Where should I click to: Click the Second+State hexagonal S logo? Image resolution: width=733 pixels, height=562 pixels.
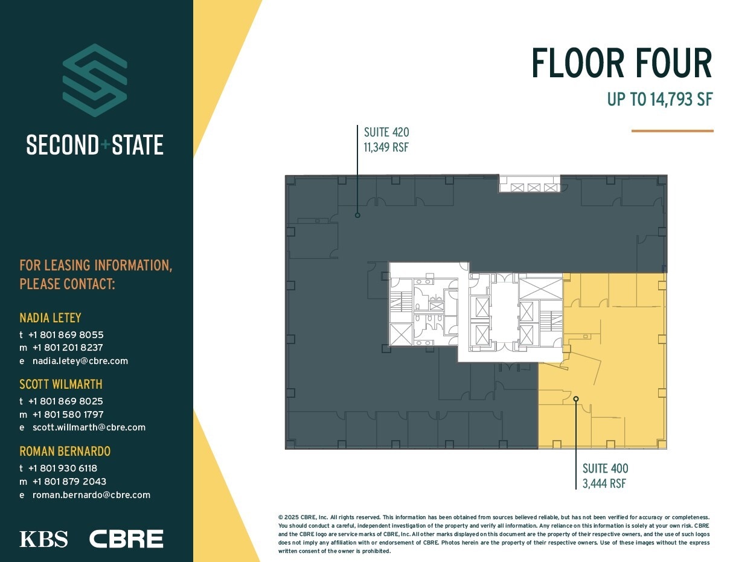[95, 80]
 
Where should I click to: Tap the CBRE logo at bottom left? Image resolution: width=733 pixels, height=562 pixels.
[126, 538]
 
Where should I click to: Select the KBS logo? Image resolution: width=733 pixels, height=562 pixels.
[43, 538]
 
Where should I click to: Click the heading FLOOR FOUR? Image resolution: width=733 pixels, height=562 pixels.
[621, 63]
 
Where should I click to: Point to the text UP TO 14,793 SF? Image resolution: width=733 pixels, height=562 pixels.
[660, 99]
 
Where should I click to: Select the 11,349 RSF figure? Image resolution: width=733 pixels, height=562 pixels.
[386, 147]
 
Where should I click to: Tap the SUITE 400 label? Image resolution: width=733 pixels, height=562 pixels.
[605, 468]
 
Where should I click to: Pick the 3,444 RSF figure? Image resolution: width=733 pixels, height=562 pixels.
[604, 483]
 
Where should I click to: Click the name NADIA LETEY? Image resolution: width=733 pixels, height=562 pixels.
[50, 318]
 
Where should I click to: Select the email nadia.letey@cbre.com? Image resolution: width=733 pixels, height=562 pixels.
[80, 361]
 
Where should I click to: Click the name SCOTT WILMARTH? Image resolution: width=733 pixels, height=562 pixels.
[61, 384]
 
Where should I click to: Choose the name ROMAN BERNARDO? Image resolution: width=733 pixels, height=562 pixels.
[65, 451]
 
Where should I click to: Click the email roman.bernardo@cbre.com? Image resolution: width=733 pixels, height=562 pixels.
[91, 494]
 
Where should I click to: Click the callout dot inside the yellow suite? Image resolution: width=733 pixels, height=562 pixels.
[576, 398]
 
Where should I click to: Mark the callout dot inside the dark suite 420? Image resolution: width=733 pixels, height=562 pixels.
[357, 215]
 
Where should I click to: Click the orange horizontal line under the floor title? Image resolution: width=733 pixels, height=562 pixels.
[672, 130]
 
